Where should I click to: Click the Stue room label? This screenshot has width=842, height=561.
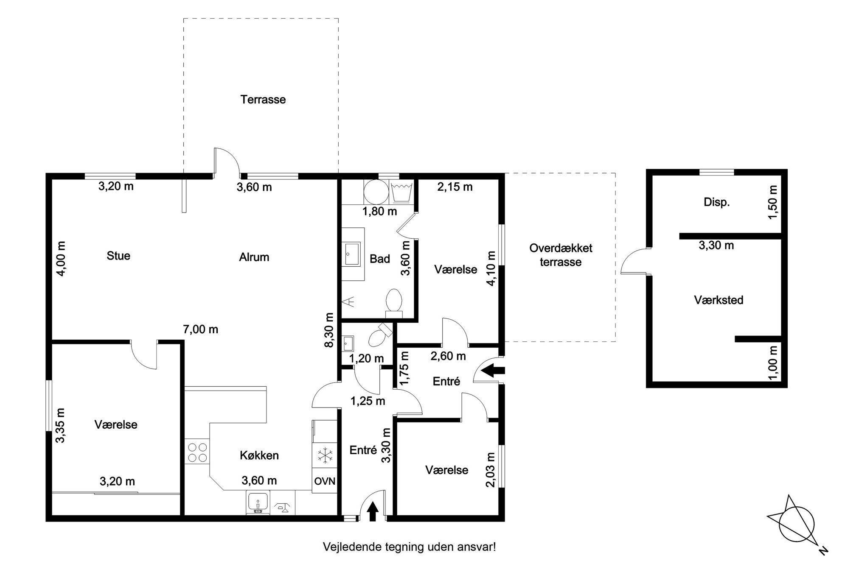click(118, 256)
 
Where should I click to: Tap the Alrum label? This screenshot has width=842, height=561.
click(254, 257)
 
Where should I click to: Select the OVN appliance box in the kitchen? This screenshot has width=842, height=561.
click(325, 481)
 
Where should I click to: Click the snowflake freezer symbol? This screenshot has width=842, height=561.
click(325, 456)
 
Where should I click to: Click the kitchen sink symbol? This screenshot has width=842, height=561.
click(258, 503)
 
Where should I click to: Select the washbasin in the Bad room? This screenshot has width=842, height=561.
click(352, 254)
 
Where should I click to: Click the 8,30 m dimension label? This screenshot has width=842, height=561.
click(329, 330)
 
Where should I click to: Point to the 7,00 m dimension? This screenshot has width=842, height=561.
click(201, 329)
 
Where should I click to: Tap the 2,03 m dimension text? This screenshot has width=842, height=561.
click(491, 469)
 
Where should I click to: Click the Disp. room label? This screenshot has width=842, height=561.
click(717, 202)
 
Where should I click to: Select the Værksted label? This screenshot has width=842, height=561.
click(719, 300)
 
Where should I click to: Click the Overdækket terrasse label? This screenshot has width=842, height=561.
click(561, 255)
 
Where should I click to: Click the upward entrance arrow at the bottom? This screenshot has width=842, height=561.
click(373, 511)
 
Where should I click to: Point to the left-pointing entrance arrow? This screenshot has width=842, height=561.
click(494, 370)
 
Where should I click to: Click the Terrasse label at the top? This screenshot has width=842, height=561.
click(263, 100)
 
